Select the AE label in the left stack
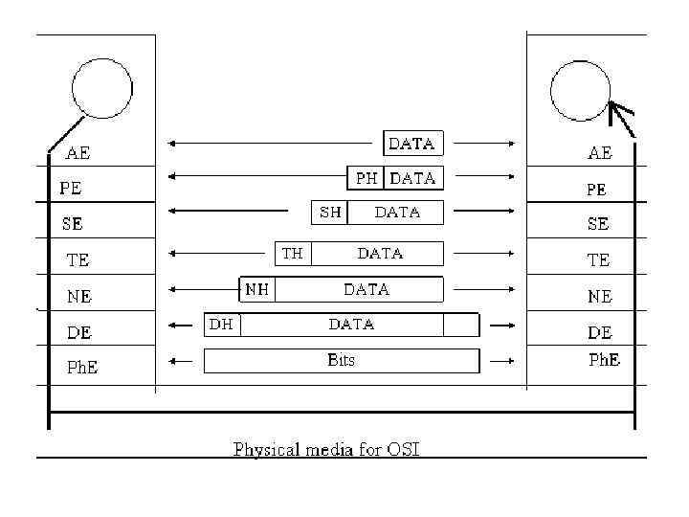pos(78,152)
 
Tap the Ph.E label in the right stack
pos(603,360)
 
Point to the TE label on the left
pos(78,259)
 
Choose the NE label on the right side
pos(599,297)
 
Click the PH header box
pos(366,178)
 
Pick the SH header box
pos(330,213)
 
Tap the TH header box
pos(293,254)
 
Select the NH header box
pos(256,289)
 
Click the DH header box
pos(222,325)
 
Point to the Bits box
pos(342,361)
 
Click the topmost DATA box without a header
pos(412,144)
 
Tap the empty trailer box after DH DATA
pos(460,326)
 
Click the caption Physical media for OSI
pos(327,449)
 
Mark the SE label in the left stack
pos(72,224)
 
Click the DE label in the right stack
pos(599,332)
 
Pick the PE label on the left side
pos(71,189)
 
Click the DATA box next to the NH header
pos(366,289)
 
